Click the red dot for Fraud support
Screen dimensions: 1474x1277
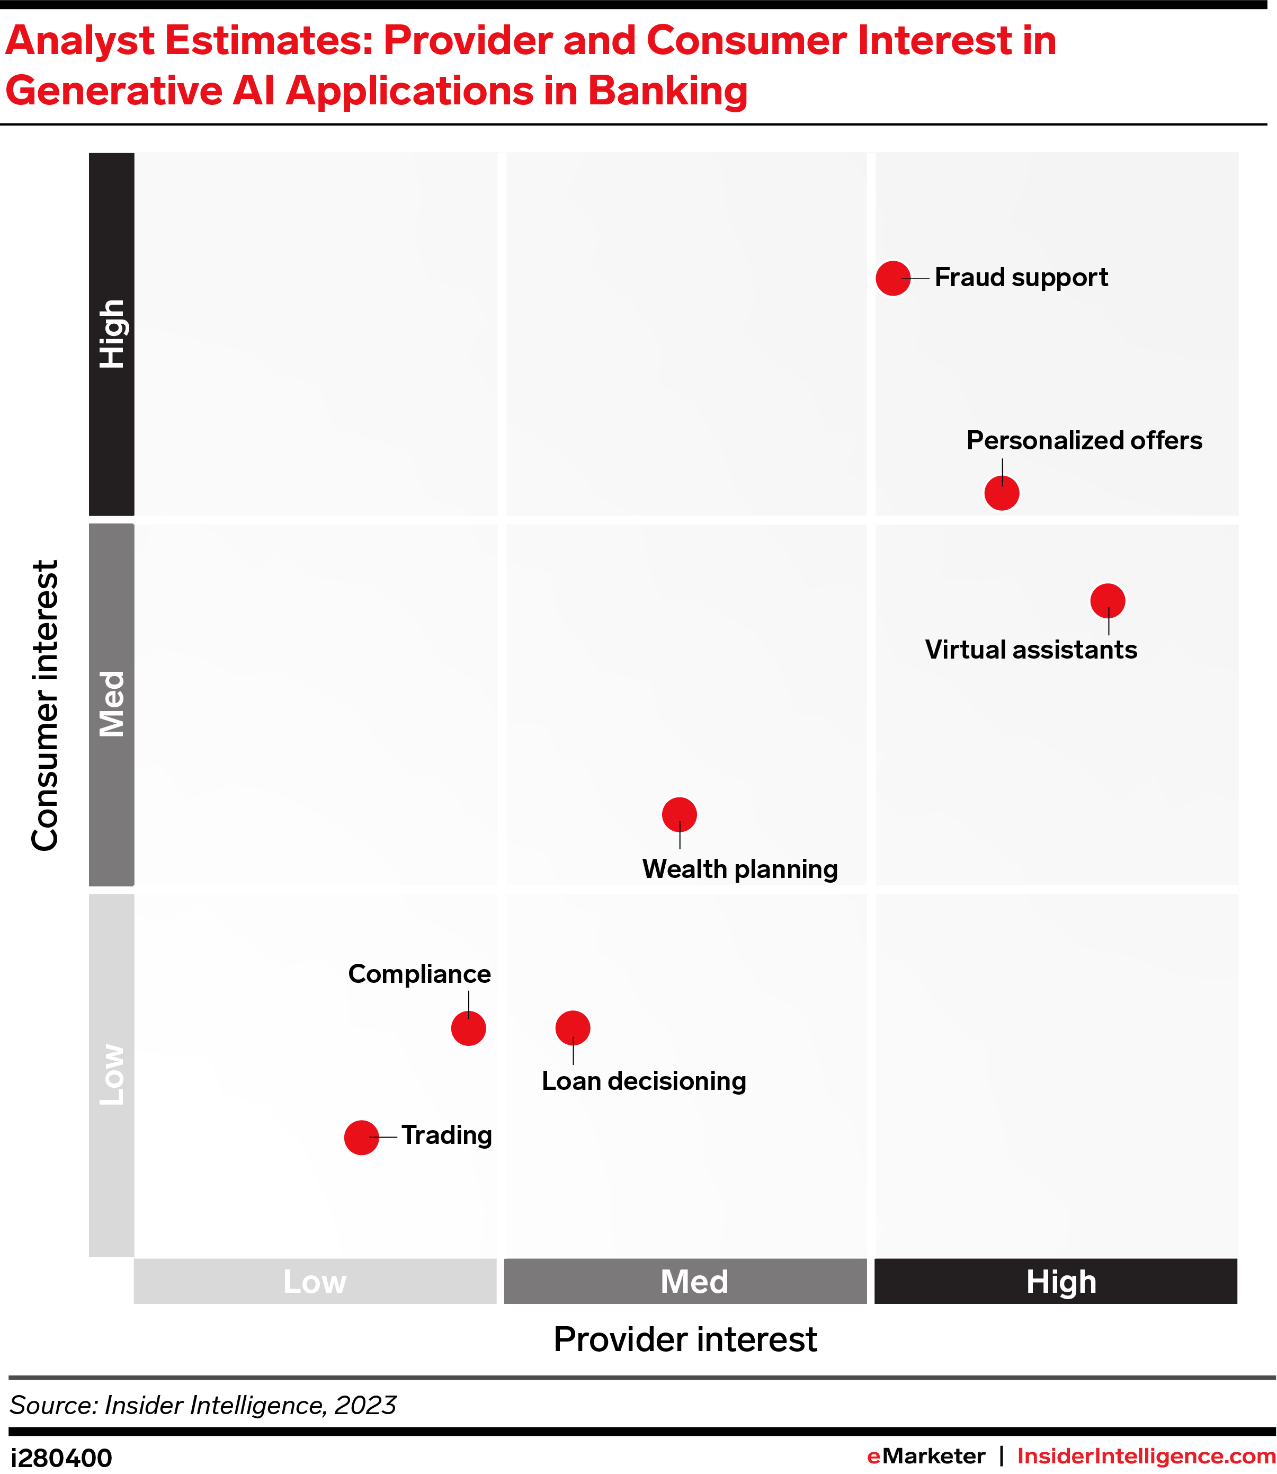(893, 278)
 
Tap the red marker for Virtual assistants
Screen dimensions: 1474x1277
(1108, 601)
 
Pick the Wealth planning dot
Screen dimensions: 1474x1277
(679, 815)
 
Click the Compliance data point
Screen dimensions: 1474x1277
(468, 1028)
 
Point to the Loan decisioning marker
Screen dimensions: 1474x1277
(573, 1028)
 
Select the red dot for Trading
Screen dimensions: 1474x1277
(361, 1138)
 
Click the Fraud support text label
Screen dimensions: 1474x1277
(1021, 277)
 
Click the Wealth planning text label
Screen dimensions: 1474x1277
(740, 869)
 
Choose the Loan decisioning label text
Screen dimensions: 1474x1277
(644, 1081)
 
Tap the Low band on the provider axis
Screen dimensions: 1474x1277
(315, 1282)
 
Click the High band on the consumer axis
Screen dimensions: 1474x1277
(112, 334)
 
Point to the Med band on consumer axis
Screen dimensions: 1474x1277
(112, 704)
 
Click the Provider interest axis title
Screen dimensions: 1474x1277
(685, 1339)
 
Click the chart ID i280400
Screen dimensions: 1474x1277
(61, 1458)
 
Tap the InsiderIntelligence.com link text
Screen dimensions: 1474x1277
(1146, 1456)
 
